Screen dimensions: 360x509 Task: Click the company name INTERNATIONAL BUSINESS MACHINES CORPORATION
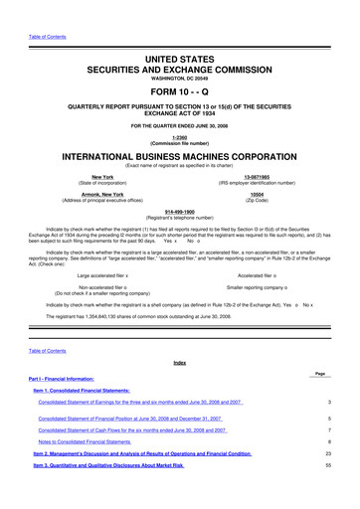(180, 158)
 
